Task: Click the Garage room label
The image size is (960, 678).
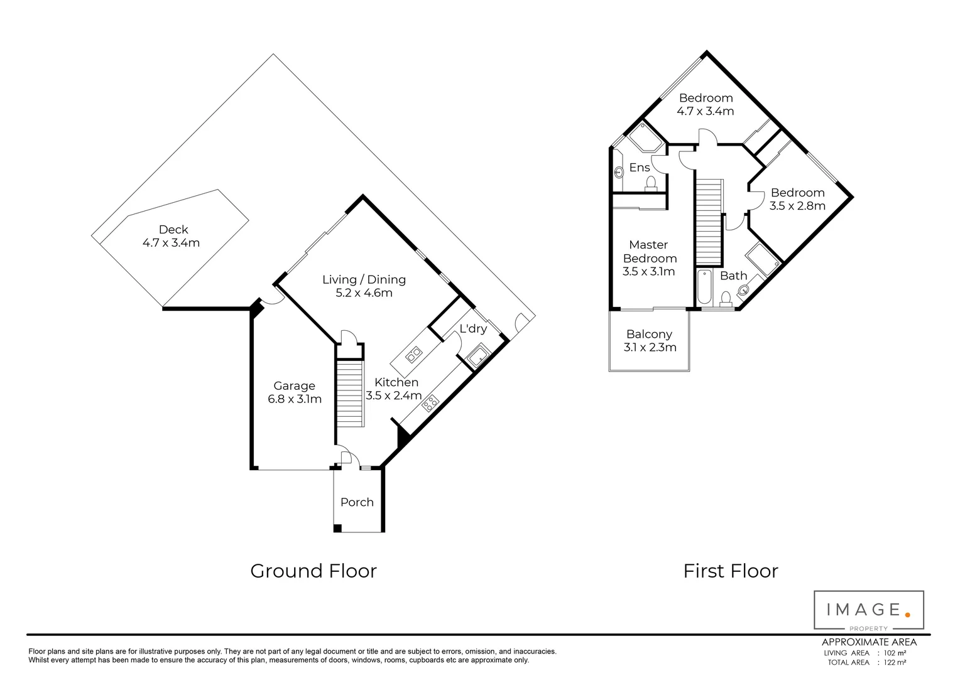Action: point(294,392)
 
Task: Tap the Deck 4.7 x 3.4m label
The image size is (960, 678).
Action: point(172,236)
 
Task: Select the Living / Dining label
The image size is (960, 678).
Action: point(364,286)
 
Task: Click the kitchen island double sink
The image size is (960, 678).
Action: point(414,356)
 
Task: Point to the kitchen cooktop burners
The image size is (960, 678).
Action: point(430,402)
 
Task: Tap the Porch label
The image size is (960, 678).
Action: point(357,502)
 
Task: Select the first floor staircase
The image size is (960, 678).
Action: point(709,221)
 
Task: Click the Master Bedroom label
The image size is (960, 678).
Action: point(649,258)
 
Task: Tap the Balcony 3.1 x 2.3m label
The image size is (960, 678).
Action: point(649,340)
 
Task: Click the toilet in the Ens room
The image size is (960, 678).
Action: point(651,183)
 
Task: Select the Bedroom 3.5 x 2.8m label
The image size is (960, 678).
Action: point(797,199)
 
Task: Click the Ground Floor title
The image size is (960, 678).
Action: point(314,571)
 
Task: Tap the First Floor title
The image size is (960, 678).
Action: point(730,571)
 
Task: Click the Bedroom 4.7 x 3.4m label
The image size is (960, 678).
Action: point(705,104)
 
